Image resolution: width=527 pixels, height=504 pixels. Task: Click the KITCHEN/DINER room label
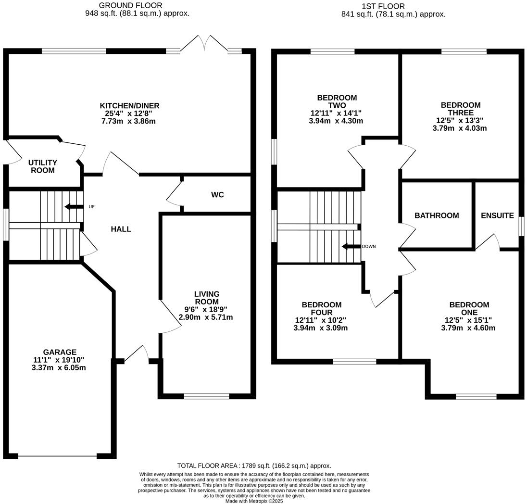coord(129,106)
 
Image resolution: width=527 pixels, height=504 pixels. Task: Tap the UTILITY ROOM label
coord(42,166)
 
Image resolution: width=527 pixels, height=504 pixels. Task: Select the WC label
coord(217,195)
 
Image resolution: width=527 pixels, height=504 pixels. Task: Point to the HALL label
coord(121,229)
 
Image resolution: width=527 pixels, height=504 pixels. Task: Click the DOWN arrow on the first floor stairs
coord(351,246)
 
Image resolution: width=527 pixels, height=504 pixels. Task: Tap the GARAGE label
coord(60,352)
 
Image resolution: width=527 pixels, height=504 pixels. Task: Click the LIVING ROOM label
coord(207,298)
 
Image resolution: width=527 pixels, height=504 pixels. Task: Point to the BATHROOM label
coord(437,215)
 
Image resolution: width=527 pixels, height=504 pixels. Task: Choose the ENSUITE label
coord(497,215)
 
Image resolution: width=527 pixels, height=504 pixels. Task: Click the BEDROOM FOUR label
coord(321,309)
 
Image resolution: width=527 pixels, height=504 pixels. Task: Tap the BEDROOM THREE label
coord(460,109)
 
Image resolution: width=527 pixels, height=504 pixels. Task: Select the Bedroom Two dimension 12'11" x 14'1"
coord(336,113)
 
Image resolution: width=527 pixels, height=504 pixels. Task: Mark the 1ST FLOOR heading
coord(383,6)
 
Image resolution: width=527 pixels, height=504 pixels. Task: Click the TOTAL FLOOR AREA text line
coord(254,466)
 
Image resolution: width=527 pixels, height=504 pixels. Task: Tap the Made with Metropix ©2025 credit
coord(254,501)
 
